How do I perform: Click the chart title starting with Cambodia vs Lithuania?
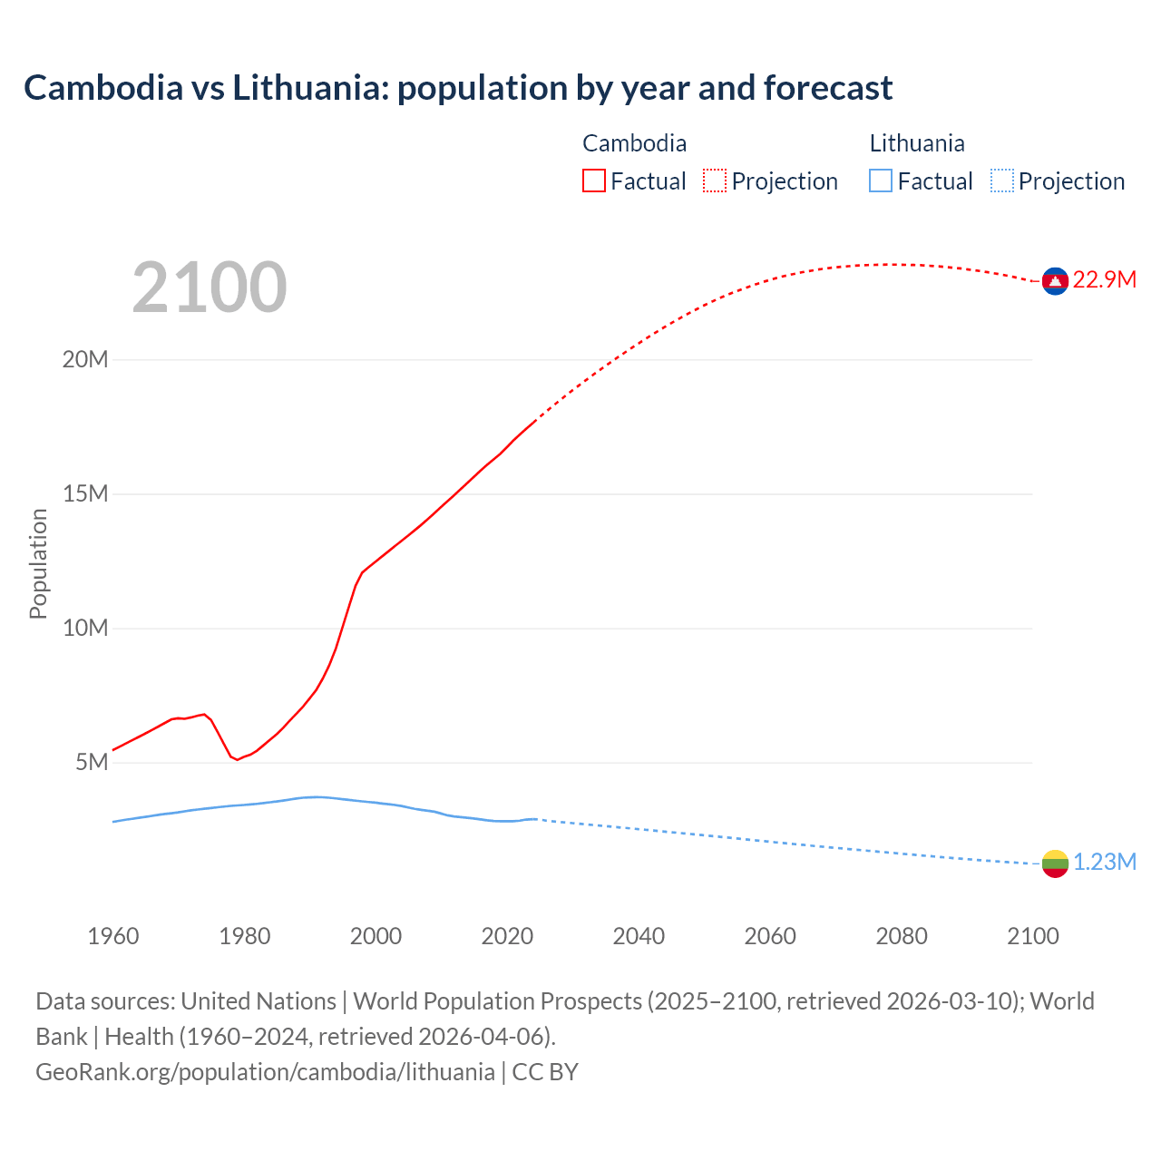coord(458,88)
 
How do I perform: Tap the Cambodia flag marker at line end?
coord(1055,281)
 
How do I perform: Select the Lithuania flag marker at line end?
coord(1055,863)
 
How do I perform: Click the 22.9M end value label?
coord(1104,280)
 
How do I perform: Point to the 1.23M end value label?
coord(1104,863)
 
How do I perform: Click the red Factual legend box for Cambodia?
coord(594,181)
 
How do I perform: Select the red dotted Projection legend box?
coord(715,181)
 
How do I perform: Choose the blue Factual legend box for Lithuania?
coord(881,181)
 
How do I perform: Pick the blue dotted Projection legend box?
coord(1002,181)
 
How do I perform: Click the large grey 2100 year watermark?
coord(210,288)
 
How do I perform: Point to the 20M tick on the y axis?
coord(85,360)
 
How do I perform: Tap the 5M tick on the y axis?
coord(92,763)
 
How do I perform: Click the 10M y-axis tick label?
coord(85,629)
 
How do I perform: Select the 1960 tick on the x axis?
coord(113,936)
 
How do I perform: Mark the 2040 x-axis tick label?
coord(639,936)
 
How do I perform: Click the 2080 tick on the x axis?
coord(902,936)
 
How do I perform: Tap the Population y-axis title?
coord(38,563)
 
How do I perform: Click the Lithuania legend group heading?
coord(917,143)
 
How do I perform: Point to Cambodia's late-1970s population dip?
coord(238,759)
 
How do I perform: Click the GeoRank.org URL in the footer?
coord(265,1072)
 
